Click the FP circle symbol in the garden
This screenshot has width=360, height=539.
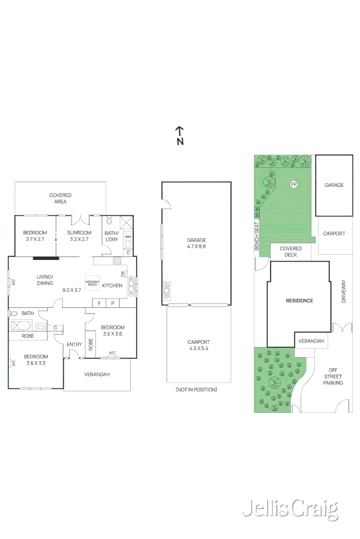tap(293, 184)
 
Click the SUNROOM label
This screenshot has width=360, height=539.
tap(80, 233)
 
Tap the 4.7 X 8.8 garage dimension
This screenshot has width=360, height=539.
tap(196, 247)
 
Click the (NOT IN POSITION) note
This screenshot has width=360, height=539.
tap(196, 389)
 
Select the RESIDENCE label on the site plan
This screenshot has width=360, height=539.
tap(300, 301)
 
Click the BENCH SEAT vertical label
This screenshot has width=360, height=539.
tap(257, 236)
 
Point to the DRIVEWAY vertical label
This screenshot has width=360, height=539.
tap(343, 292)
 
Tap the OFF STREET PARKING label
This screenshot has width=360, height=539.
tap(333, 376)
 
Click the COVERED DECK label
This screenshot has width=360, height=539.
tap(291, 252)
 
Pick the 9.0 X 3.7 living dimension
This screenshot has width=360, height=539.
tap(72, 290)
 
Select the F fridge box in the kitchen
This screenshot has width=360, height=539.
tap(99, 303)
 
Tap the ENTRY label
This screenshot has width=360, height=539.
tap(74, 345)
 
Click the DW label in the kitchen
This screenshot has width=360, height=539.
tap(122, 274)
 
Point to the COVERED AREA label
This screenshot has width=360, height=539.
tap(60, 198)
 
